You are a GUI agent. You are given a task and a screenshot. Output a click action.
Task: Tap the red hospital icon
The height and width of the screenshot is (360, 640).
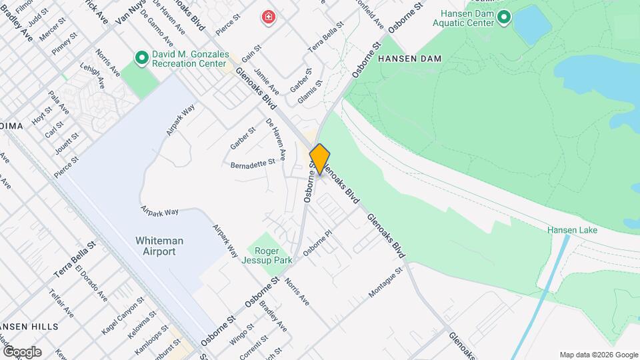(269, 17)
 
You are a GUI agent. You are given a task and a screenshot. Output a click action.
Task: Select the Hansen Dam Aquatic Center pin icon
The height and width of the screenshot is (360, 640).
(504, 17)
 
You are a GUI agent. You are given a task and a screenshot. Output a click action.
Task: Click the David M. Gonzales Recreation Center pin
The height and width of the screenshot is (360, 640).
(141, 58)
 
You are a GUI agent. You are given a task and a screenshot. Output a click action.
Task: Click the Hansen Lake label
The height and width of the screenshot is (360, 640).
(572, 230)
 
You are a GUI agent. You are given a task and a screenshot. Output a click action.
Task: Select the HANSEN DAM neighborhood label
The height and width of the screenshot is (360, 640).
(410, 59)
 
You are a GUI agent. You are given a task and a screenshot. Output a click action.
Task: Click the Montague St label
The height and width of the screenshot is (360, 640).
(387, 283)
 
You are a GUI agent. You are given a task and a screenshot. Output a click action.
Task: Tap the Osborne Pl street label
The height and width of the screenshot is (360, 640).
(317, 243)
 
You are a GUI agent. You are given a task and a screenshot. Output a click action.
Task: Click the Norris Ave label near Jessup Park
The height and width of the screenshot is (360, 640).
(297, 291)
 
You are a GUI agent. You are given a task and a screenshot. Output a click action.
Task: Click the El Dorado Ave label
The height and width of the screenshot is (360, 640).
(91, 283)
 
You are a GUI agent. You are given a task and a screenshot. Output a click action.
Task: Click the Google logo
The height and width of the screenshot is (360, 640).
(22, 352)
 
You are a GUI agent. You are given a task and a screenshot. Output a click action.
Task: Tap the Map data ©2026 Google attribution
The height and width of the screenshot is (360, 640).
(599, 355)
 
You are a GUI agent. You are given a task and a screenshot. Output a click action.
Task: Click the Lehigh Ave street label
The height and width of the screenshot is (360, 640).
(92, 75)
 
